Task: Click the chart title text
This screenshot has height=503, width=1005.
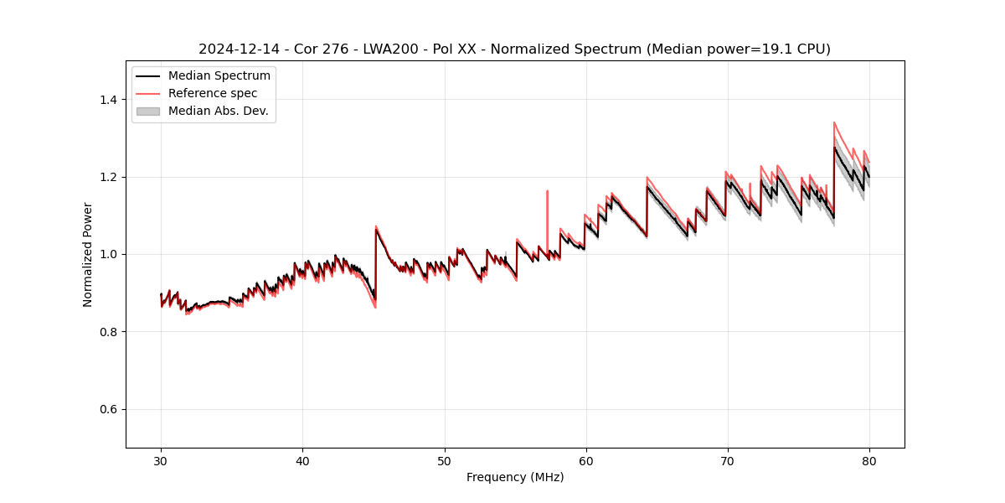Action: pyautogui.click(x=514, y=49)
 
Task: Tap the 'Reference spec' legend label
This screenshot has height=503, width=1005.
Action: pyautogui.click(x=213, y=93)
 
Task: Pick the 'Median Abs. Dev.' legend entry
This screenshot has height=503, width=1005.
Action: pyautogui.click(x=218, y=111)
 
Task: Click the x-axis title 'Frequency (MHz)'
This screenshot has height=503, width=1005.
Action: pyautogui.click(x=515, y=477)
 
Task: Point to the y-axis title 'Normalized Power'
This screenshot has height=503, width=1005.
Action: pyautogui.click(x=88, y=254)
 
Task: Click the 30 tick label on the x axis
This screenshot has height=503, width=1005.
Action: pyautogui.click(x=162, y=461)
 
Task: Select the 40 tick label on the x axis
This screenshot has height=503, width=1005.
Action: pyautogui.click(x=303, y=461)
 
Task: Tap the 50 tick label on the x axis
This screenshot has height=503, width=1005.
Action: pyautogui.click(x=445, y=461)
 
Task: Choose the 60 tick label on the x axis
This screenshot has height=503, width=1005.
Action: pyautogui.click(x=586, y=461)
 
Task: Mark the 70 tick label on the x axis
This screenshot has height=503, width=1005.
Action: pyautogui.click(x=728, y=461)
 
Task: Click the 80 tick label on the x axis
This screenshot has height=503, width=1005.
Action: pyautogui.click(x=869, y=461)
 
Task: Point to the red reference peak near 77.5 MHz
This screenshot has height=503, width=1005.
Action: pyautogui.click(x=834, y=123)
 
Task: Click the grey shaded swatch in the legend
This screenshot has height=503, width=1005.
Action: pyautogui.click(x=147, y=111)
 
